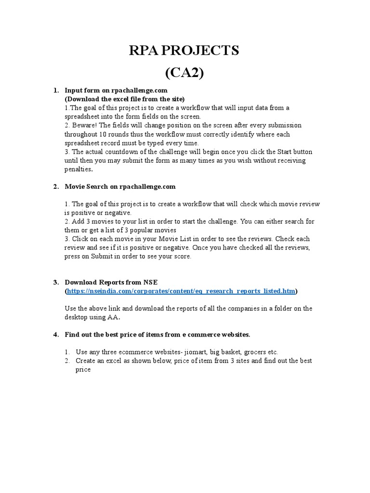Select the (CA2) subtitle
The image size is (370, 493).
185,73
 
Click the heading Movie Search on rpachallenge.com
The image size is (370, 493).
120,186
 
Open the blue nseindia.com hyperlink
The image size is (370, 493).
181,291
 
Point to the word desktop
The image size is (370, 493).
77,317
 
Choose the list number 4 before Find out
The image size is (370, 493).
55,334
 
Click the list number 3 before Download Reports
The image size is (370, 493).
55,282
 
